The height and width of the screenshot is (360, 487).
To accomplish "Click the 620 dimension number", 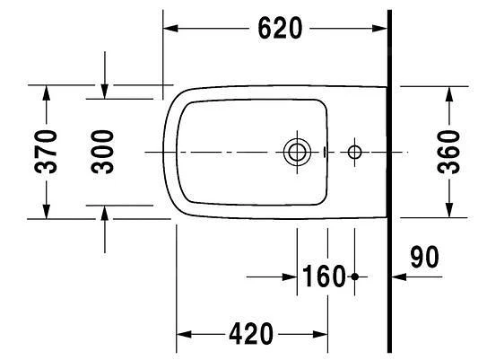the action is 280,29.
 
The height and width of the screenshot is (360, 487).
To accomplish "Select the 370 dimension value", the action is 46,152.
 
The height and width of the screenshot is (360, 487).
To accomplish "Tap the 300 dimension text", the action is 102,152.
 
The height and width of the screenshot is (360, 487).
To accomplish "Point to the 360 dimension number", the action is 448,152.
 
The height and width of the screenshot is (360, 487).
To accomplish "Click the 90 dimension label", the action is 424,257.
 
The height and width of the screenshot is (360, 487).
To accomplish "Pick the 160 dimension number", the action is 323,277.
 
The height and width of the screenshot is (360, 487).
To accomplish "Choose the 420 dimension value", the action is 251,334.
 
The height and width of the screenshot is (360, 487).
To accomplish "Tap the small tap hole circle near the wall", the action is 354,153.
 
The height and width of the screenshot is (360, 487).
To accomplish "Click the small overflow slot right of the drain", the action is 325,152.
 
